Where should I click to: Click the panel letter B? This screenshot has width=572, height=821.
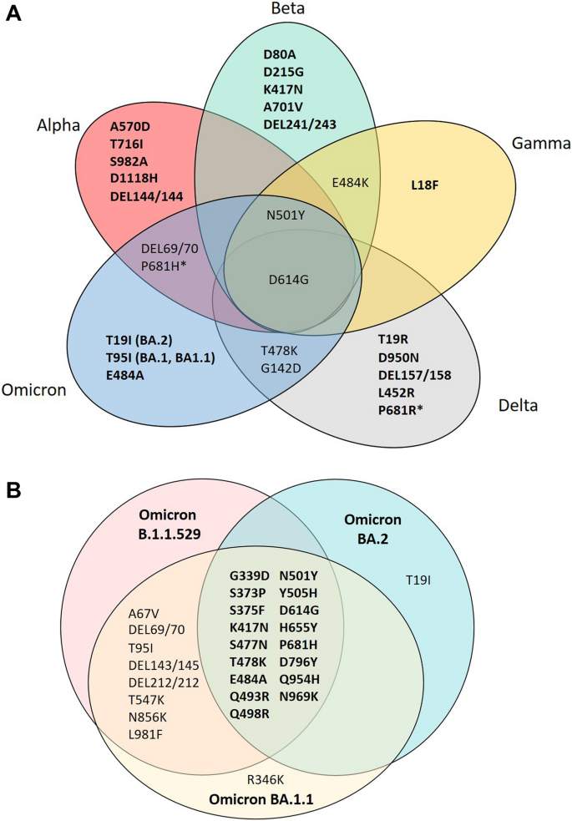(x=13, y=486)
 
